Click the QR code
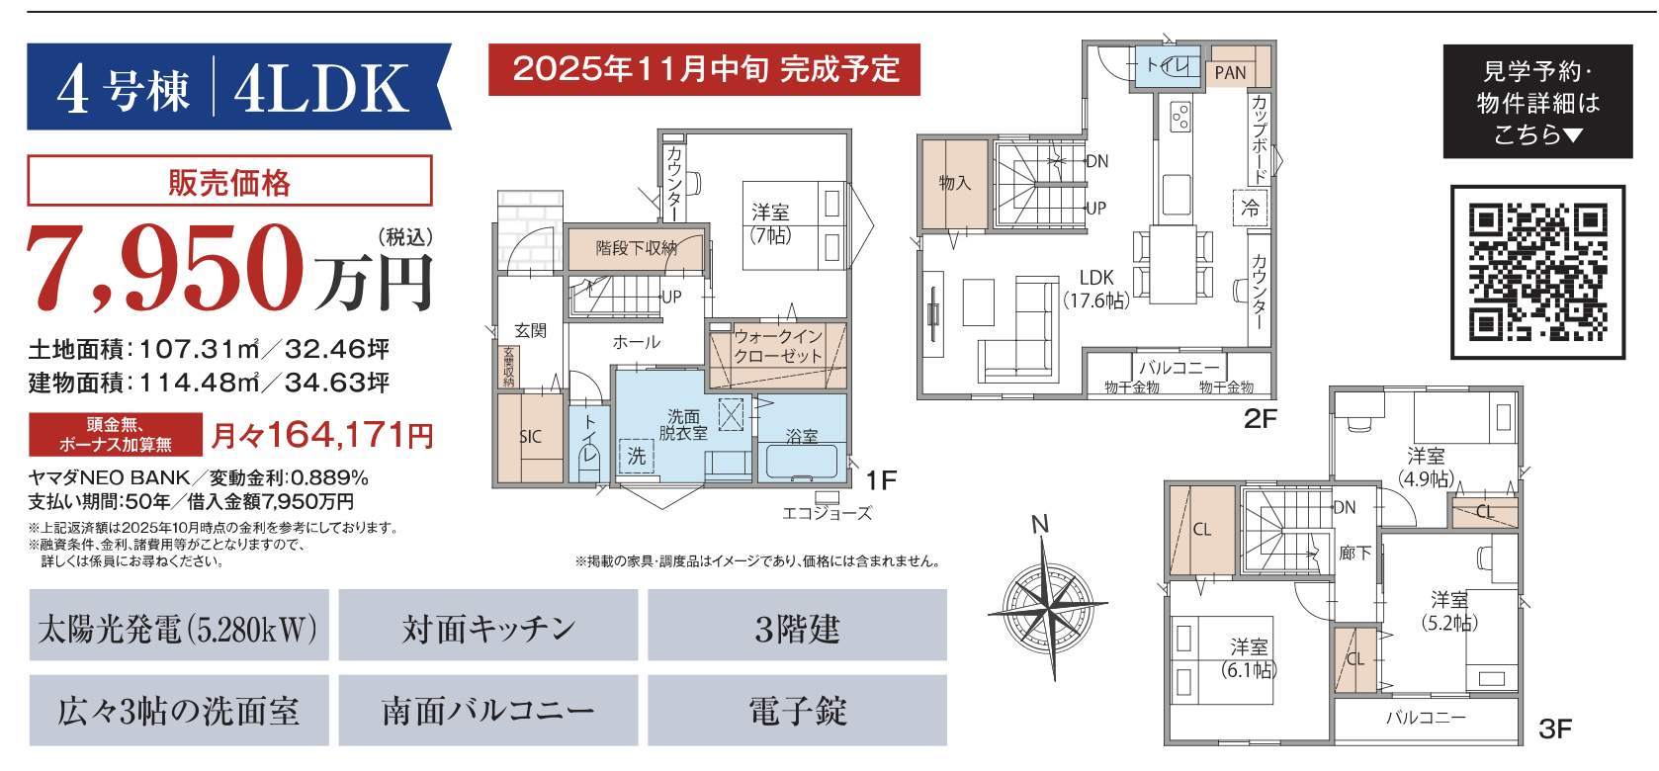(x=1536, y=271)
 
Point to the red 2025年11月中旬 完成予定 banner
(x=704, y=69)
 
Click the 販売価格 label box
(x=229, y=182)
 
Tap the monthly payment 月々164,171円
(x=322, y=434)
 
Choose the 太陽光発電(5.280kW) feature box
(x=179, y=627)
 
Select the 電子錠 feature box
(x=797, y=711)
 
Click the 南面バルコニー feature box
(x=488, y=711)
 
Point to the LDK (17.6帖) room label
(x=1096, y=290)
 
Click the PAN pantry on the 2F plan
(x=1231, y=72)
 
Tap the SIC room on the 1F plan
(x=530, y=436)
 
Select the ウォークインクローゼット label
(x=778, y=347)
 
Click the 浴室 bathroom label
(x=802, y=436)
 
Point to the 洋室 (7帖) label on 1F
(x=770, y=223)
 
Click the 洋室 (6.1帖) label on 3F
(x=1249, y=658)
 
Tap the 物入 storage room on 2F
(x=954, y=184)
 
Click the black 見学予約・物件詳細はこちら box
(x=1537, y=102)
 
